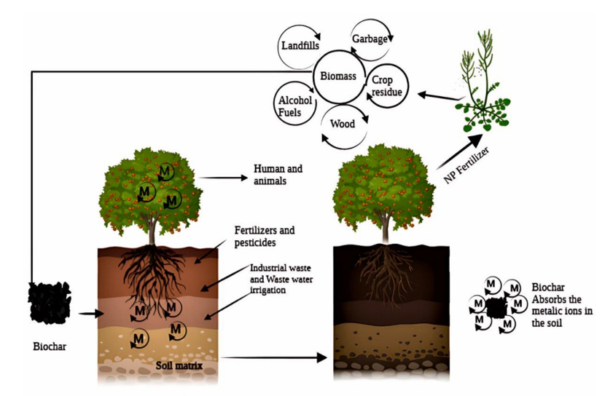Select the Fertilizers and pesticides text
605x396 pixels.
pos(265,235)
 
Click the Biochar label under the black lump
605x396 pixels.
pos(50,346)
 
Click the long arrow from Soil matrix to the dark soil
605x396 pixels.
pos(274,357)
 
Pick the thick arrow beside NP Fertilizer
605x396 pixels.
pos(457,145)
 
